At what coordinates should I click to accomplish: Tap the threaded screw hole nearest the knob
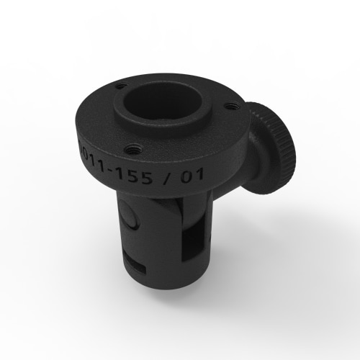point(230,106)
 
